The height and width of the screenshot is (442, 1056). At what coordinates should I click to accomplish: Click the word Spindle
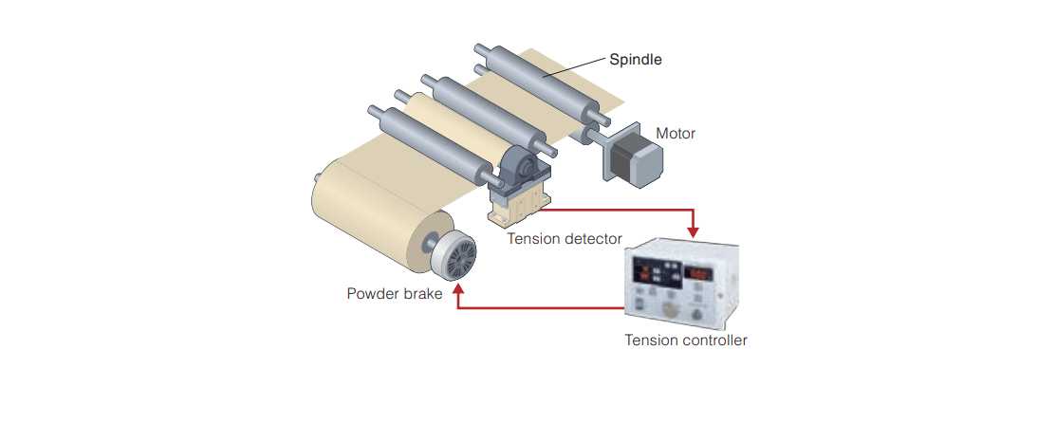(x=635, y=59)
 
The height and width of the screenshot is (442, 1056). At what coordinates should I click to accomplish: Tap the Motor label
(x=676, y=134)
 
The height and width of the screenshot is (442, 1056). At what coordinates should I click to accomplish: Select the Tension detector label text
(x=564, y=238)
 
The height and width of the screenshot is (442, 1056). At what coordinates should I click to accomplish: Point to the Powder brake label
(x=394, y=294)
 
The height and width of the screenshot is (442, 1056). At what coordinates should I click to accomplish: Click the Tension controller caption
(x=685, y=340)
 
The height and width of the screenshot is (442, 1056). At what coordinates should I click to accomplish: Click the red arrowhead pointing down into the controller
(x=695, y=230)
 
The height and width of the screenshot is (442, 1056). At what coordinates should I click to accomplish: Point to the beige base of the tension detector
(x=518, y=205)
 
